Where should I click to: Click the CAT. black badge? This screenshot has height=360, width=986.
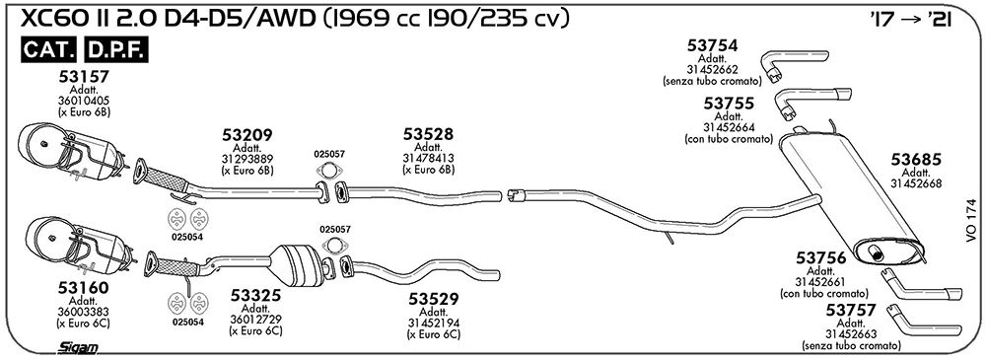[x=49, y=49]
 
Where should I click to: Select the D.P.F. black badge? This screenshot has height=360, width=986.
[x=115, y=49]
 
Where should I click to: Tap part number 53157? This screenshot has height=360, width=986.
[x=84, y=77]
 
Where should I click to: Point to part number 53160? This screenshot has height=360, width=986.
[x=84, y=288]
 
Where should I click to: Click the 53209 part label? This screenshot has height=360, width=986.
[x=247, y=135]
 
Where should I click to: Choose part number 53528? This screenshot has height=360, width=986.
[x=428, y=134]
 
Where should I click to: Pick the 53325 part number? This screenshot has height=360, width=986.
[x=255, y=295]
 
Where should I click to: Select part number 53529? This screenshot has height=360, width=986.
[x=434, y=298]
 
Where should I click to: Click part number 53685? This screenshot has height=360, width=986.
[x=916, y=161]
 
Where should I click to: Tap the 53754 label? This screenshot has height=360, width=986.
[x=713, y=45]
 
